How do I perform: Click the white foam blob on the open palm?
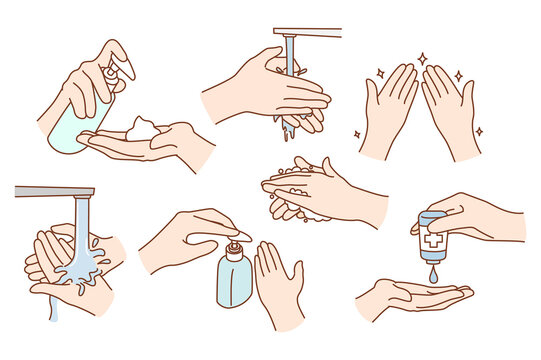[142, 127]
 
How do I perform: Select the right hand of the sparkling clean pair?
[448, 110]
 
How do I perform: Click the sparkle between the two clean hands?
[421, 59]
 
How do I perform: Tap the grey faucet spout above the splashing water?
[55, 191]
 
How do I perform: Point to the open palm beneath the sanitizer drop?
[410, 297]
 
